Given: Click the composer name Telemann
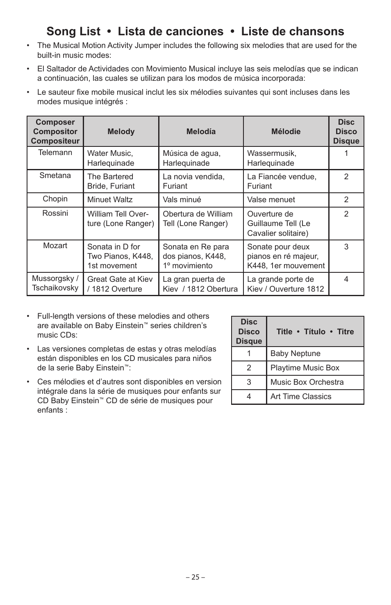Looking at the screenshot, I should point(55,153).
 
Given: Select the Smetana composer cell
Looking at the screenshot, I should point(55,176).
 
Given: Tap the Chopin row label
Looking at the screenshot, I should point(55,199).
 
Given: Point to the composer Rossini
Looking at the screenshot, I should point(55,213).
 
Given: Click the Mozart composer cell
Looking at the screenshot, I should point(55,246).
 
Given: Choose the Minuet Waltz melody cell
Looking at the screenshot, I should point(110,200).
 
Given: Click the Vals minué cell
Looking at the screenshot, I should point(182,200).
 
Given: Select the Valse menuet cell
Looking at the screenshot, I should point(271,200).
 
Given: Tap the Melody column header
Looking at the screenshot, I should point(121,132).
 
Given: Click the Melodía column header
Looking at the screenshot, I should point(201,132).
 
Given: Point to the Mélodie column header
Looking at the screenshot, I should point(286,132).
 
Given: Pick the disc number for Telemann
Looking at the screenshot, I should point(346,153).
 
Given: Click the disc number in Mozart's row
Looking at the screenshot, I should point(346,247).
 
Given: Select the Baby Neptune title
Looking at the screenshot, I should point(295,354).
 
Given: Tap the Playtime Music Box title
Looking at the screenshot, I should point(305,368).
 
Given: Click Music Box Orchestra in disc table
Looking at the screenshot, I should point(307,382).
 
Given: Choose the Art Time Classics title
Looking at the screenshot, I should point(301,397).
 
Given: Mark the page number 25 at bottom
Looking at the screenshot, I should point(195,577).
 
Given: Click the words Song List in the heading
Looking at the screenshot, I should point(73,32).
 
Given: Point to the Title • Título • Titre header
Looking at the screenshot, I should point(315,332).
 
